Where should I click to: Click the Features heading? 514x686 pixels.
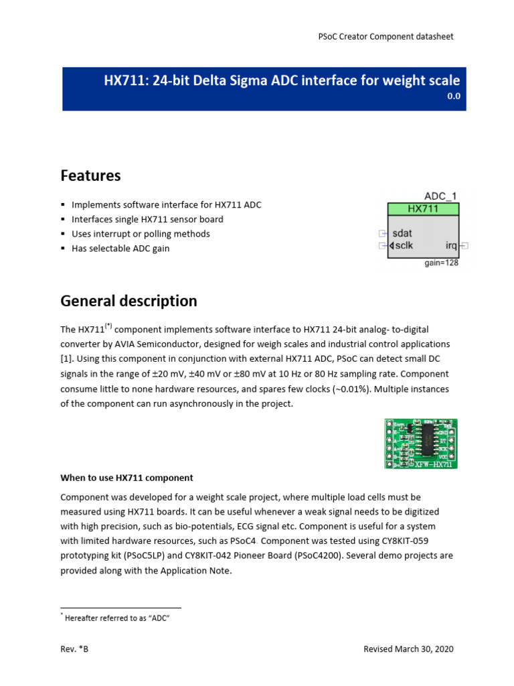90,176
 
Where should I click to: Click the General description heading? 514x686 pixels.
128,301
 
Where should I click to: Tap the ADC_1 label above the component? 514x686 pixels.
441,196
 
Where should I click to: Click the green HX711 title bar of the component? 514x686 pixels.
423,208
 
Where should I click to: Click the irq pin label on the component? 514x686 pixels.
451,246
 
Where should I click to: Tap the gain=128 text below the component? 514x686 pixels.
441,263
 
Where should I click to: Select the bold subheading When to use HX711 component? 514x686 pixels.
126,478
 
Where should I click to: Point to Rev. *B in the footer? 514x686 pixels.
74,649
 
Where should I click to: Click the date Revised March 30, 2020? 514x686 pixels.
408,649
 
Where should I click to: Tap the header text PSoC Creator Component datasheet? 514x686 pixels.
385,36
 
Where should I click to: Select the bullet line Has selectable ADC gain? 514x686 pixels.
120,249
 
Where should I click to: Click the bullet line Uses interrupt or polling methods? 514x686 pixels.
141,234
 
